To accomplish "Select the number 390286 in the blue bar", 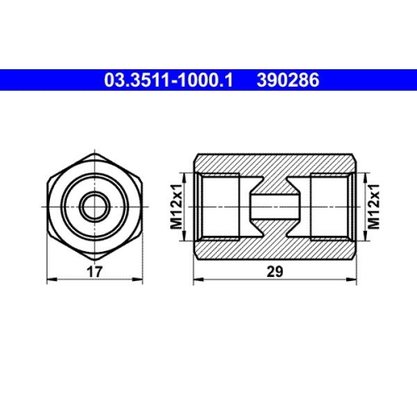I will coord(289,81).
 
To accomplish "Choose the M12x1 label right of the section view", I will coord(375,205).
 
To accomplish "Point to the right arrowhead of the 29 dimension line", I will coord(354,278).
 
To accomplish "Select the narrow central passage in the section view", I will coord(276,205).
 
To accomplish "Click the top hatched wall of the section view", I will coord(276,163).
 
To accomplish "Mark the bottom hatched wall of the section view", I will coord(276,248).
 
